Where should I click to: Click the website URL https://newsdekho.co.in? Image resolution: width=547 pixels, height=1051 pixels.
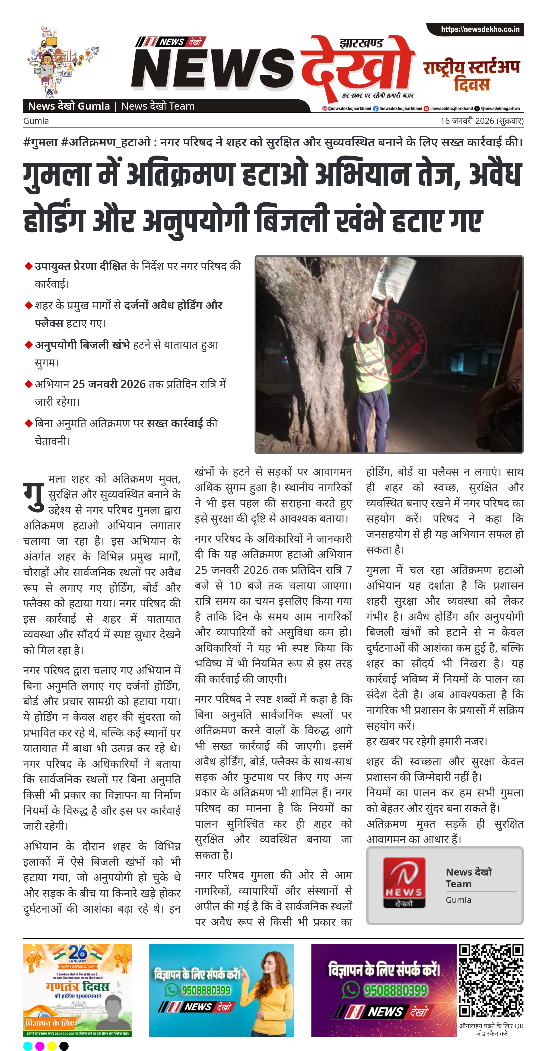480,29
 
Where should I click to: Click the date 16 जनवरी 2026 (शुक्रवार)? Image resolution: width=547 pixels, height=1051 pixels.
481,121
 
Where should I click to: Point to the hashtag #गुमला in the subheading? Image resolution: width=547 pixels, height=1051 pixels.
40,142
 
